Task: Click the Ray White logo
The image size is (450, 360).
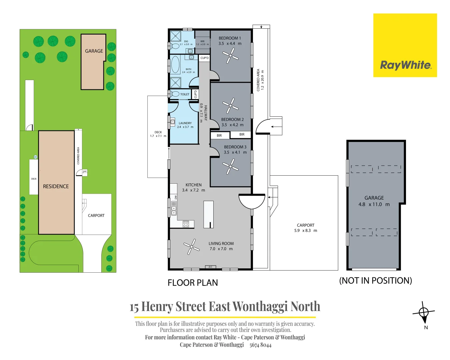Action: (405, 65)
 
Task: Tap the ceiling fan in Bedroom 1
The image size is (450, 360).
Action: (230, 56)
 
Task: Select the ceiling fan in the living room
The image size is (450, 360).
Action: (192, 247)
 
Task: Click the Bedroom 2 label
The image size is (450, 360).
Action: (232, 119)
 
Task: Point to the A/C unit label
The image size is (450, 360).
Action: (210, 267)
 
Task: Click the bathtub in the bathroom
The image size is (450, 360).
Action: (175, 65)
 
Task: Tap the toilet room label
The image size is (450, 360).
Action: (185, 94)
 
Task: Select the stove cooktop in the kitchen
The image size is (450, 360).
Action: (186, 224)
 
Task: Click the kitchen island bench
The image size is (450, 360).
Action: (208, 214)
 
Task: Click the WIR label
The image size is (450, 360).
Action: (202, 41)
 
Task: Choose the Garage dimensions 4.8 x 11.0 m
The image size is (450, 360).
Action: (374, 204)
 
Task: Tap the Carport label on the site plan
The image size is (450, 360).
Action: (96, 216)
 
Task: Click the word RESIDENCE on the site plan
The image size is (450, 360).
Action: (56, 186)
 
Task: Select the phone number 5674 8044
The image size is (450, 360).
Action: (260, 345)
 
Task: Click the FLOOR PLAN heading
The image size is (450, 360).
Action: (193, 283)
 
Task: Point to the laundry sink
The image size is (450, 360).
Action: (173, 122)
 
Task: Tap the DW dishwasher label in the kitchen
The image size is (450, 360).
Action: (176, 197)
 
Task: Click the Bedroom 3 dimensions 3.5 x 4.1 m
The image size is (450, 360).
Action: (235, 152)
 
